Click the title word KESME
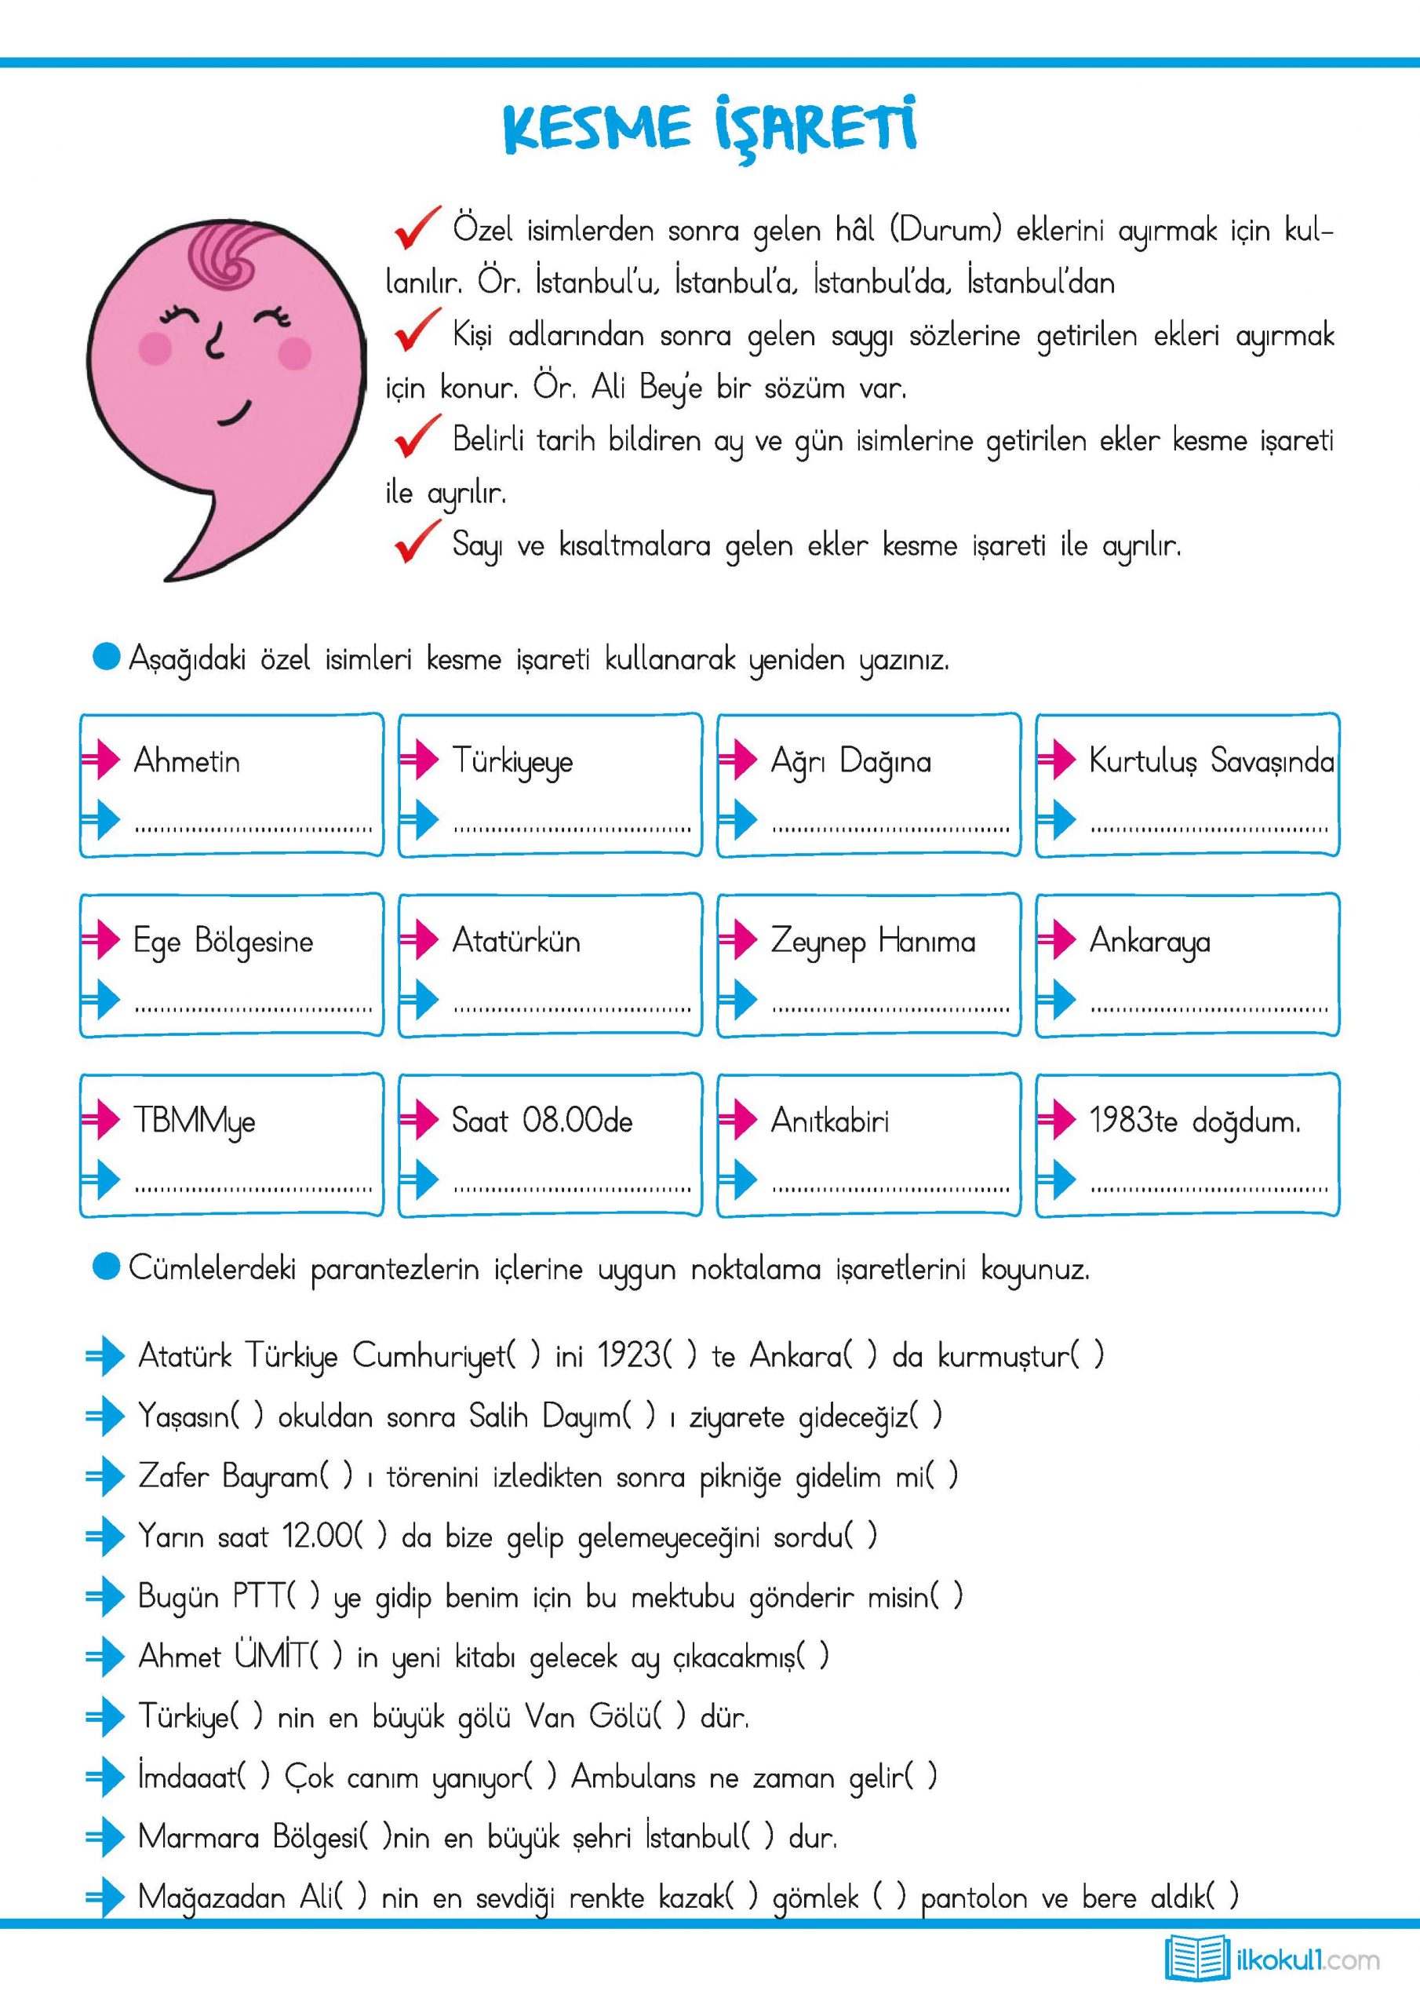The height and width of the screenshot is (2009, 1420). pos(595,129)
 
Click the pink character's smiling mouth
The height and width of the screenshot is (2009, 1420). pos(235,412)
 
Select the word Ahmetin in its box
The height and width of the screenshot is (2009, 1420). pos(187,761)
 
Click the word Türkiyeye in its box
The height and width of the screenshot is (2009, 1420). pos(513,762)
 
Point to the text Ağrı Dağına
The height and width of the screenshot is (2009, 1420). pos(850,762)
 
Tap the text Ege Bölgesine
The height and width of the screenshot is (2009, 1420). pos(223,943)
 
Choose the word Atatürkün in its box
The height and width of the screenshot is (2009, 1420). pos(516,942)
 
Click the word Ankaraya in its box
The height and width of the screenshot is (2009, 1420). pos(1149,943)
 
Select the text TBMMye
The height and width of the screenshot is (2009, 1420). pos(195,1121)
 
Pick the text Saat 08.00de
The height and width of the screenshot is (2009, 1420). pos(541,1121)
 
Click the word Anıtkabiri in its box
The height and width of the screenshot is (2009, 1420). pos(829,1121)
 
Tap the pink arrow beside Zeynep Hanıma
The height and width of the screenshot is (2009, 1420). pos(737,941)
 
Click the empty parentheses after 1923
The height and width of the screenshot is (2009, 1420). pos(680,1356)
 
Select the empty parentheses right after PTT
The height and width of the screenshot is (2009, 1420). pos(302,1596)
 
